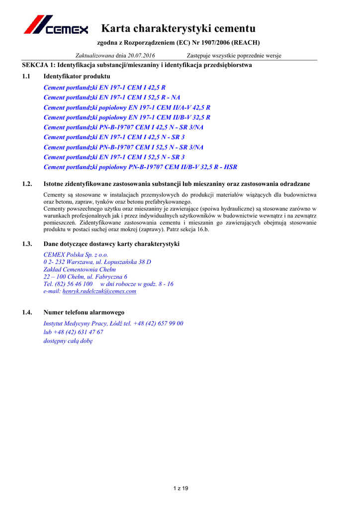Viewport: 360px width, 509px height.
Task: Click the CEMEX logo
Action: coord(56,25)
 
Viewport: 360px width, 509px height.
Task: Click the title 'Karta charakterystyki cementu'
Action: coord(178,28)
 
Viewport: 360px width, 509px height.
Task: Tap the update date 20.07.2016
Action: coord(141,55)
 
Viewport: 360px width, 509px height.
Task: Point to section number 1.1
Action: coord(27,76)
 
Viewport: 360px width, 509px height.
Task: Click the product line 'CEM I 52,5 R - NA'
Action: coord(112,97)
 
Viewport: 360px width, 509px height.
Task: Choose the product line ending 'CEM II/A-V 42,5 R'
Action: coord(127,107)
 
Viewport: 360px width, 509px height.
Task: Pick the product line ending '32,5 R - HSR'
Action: coord(140,167)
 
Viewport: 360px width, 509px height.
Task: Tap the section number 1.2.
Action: coord(27,184)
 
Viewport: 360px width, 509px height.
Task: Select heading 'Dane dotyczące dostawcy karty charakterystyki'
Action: coord(111,244)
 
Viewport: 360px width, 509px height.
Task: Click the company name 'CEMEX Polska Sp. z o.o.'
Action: coord(76,254)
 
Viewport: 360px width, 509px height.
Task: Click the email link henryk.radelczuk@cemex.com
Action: coord(99,291)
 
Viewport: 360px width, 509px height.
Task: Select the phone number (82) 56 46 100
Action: coord(73,284)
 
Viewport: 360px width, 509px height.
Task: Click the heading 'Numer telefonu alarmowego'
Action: coord(84,312)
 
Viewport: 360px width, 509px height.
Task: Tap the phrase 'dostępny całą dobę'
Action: coord(68,341)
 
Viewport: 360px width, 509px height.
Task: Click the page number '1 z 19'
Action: coord(180,489)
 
